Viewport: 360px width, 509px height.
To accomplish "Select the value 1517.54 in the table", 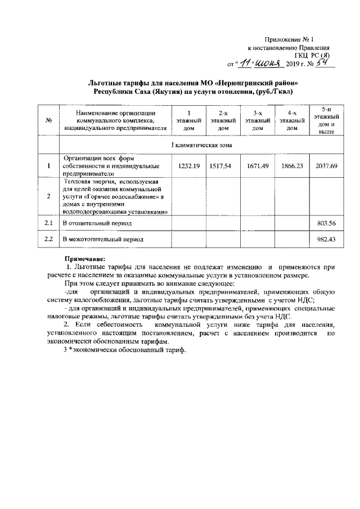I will click(x=223, y=166).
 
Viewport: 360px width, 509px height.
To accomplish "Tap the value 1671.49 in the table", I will click(x=258, y=166).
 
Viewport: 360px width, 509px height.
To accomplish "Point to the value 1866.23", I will click(x=291, y=166).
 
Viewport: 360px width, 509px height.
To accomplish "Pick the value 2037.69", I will click(x=326, y=166).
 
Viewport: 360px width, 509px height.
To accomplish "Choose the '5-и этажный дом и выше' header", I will click(x=326, y=120).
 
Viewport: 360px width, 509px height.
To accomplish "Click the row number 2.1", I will click(x=48, y=223).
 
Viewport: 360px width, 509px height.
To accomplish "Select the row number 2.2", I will click(x=48, y=240).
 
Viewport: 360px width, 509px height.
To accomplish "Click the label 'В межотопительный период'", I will click(x=102, y=240).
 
